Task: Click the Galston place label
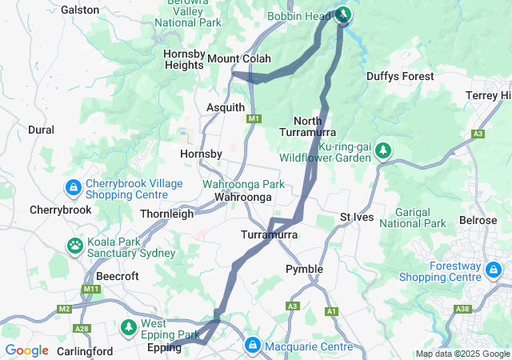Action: tap(80, 10)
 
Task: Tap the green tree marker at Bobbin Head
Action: tap(343, 14)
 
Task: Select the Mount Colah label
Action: tap(239, 59)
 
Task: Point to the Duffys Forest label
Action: tap(400, 77)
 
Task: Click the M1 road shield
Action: tap(254, 119)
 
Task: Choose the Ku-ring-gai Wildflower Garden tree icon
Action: tap(384, 150)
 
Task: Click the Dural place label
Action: tap(41, 130)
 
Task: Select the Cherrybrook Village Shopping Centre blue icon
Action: tap(73, 187)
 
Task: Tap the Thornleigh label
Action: tap(166, 214)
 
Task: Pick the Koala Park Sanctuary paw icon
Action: tap(75, 246)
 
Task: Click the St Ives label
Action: tap(356, 218)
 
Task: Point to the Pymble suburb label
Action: tap(304, 269)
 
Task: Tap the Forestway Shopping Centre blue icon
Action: tap(495, 270)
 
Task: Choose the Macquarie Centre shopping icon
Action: tap(252, 346)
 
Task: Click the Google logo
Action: tap(26, 350)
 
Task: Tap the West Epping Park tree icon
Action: tap(129, 327)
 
